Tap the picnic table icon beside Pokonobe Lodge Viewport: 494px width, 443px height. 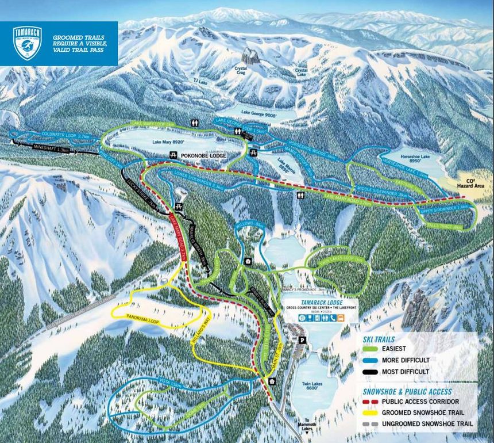pyautogui.click(x=173, y=156)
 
